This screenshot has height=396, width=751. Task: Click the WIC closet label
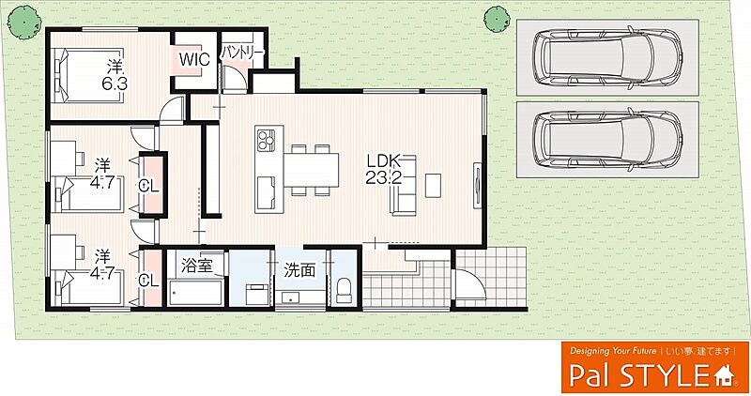click(x=194, y=60)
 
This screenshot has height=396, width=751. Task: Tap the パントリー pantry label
click(x=242, y=53)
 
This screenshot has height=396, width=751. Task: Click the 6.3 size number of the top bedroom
click(x=115, y=84)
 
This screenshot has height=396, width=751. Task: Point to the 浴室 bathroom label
click(x=196, y=266)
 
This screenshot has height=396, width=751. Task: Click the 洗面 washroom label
click(x=299, y=270)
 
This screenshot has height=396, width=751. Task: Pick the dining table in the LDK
click(x=312, y=170)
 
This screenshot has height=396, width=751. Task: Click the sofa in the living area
click(x=404, y=185)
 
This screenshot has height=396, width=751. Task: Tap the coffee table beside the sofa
click(x=434, y=185)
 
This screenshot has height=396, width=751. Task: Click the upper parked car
click(x=608, y=57)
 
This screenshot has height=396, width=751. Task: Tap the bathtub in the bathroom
click(x=196, y=293)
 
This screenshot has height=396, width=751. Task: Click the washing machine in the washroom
click(x=259, y=294)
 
